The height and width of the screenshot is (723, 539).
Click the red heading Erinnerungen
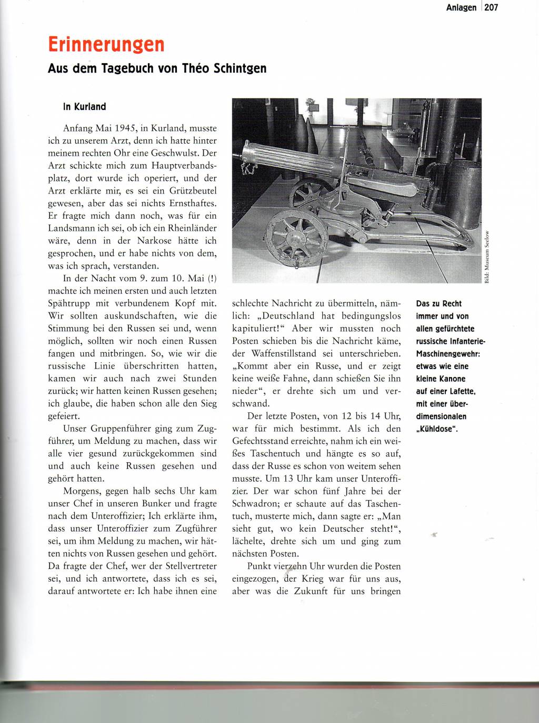[x=106, y=45]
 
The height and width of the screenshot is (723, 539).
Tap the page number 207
[x=491, y=7]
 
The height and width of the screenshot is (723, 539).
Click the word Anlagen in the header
[x=461, y=7]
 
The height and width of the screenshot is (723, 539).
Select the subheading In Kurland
[x=84, y=107]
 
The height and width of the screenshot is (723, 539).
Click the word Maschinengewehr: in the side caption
[x=448, y=354]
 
